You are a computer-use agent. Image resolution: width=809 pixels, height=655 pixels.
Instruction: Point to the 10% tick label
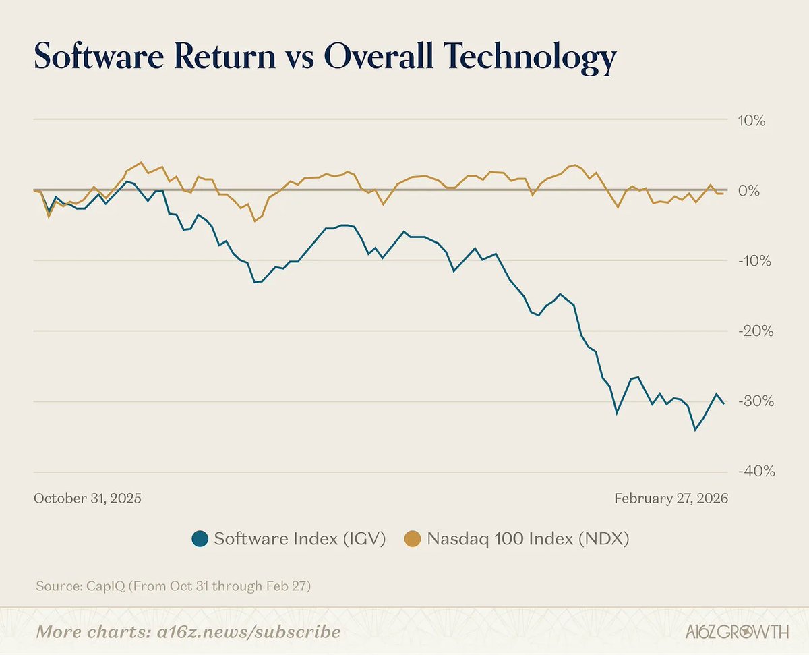coord(753,121)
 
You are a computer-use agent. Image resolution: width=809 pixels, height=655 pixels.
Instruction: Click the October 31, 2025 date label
coord(88,499)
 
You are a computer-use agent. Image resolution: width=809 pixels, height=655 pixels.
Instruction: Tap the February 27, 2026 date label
coord(671,499)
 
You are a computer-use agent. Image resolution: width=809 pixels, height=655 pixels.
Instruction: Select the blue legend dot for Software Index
coord(200,539)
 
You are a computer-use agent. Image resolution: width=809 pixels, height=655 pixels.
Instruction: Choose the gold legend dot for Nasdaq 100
coord(413,539)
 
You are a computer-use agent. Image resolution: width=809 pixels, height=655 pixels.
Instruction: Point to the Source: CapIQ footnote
coord(173,586)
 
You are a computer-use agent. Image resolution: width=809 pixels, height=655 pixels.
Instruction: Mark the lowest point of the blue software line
coord(695,430)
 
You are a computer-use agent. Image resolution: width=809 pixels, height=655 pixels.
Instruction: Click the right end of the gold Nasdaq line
coord(723,194)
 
